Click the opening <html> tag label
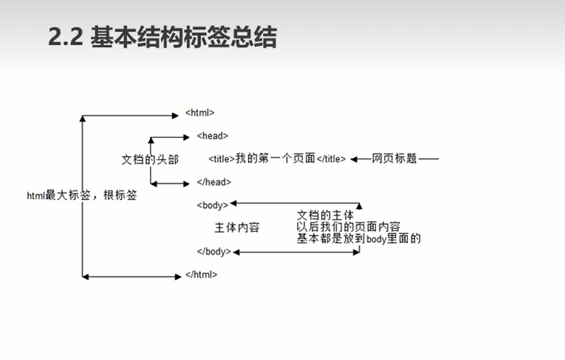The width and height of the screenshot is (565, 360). tap(200, 113)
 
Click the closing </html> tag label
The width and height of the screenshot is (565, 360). tap(201, 274)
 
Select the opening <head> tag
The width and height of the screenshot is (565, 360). tap(212, 135)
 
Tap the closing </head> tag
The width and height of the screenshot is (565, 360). tap(213, 182)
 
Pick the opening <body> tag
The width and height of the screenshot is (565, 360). tap(212, 205)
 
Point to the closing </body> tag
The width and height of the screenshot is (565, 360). tap(214, 252)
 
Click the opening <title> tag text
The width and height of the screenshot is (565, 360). tap(222, 159)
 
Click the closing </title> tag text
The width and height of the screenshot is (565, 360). tap(331, 159)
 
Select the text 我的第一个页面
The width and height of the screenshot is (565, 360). tap(275, 159)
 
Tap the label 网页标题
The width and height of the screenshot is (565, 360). tap(394, 159)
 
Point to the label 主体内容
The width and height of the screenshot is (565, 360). tap(237, 227)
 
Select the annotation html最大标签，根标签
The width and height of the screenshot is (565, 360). tap(81, 195)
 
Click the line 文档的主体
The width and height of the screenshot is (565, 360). tap(325, 216)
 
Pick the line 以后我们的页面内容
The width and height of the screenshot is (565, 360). tap(348, 227)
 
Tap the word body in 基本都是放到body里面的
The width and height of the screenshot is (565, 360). tap(376, 239)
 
